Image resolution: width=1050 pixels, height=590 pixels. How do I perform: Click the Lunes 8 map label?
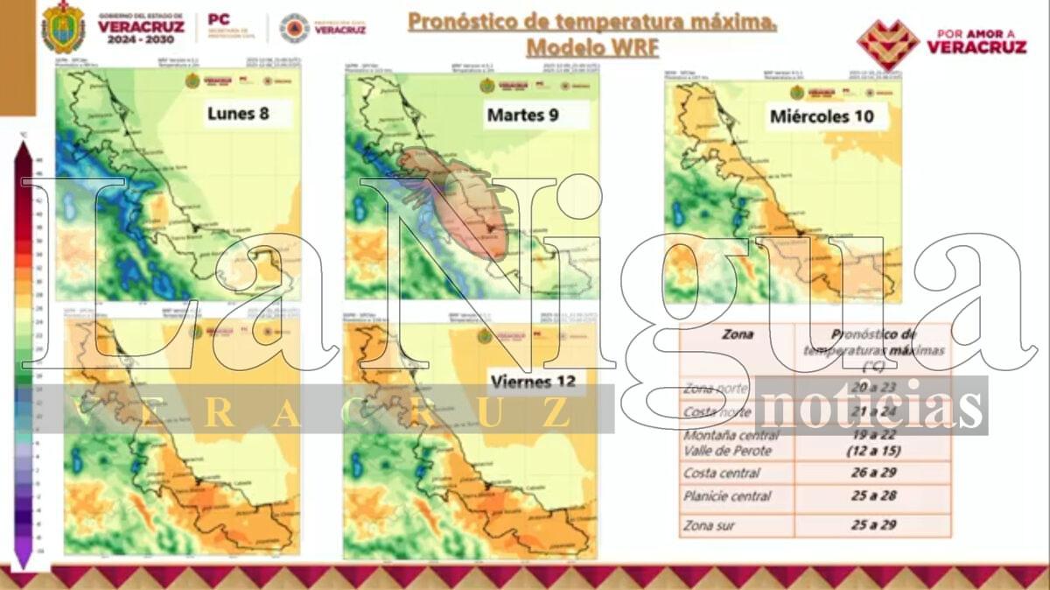click(x=237, y=113)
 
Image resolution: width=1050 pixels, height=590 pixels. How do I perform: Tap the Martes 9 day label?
click(x=522, y=114)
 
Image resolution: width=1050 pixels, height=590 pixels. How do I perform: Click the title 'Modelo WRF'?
click(x=591, y=46)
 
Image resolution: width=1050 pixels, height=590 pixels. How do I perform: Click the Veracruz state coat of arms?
click(x=64, y=26)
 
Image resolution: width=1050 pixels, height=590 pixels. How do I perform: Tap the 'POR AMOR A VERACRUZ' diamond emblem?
click(x=887, y=43)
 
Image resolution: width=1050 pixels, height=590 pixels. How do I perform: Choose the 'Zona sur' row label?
click(x=709, y=525)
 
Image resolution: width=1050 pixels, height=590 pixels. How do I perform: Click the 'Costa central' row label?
click(x=723, y=474)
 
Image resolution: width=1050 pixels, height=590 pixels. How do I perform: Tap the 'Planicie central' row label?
click(x=728, y=496)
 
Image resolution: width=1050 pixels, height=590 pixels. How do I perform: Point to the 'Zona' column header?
click(x=737, y=334)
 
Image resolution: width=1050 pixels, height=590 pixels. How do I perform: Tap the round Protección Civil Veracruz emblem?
click(x=294, y=27)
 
